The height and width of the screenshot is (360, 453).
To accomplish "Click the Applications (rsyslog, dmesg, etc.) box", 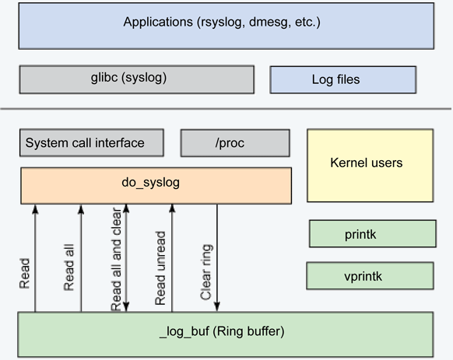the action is pyautogui.click(x=226, y=26).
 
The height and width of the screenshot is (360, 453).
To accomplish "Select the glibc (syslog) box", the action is pyautogui.click(x=137, y=79).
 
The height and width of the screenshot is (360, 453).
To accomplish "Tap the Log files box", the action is pyautogui.click(x=343, y=79).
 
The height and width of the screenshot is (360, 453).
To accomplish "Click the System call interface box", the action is pyautogui.click(x=92, y=143).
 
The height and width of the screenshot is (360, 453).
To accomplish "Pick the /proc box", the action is pyautogui.click(x=235, y=143).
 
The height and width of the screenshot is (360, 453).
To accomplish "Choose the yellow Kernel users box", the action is pyautogui.click(x=370, y=166).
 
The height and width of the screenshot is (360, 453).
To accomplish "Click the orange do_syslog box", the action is pyautogui.click(x=156, y=186).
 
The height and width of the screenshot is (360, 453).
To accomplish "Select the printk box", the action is pyautogui.click(x=373, y=234).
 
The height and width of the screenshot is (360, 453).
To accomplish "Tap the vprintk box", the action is pyautogui.click(x=370, y=276).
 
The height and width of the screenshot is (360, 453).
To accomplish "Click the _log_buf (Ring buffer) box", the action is pyautogui.click(x=226, y=334).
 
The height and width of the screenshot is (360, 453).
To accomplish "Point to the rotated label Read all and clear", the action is pyautogui.click(x=116, y=259).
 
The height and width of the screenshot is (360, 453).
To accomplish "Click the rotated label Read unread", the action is pyautogui.click(x=160, y=268).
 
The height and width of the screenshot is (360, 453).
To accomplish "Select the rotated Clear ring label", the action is pyautogui.click(x=206, y=272).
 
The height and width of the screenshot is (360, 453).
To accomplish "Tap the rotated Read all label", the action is pyautogui.click(x=68, y=267).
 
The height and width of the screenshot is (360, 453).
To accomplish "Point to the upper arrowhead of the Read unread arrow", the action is pyautogui.click(x=172, y=208).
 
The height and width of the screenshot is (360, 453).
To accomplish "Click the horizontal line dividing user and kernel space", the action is pyautogui.click(x=226, y=109).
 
